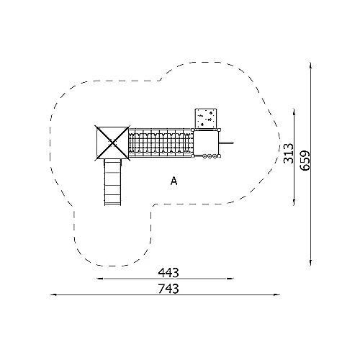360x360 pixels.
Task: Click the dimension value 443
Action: click(x=168, y=273)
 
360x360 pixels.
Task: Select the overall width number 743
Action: click(x=168, y=289)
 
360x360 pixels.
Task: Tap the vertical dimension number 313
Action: click(x=289, y=153)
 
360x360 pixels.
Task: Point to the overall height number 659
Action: click(x=305, y=161)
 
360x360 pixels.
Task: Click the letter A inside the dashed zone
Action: click(x=174, y=181)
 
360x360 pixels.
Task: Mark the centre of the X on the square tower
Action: click(x=112, y=142)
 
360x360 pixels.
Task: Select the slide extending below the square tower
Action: click(x=112, y=182)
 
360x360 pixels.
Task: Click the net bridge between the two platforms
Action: click(x=161, y=143)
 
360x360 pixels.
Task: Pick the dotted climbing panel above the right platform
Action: click(x=206, y=119)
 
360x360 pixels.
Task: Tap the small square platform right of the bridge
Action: click(x=206, y=143)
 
